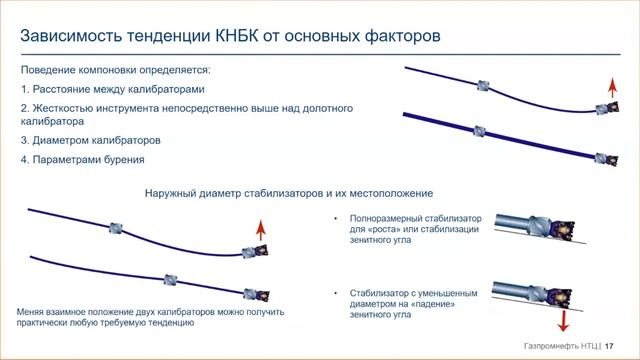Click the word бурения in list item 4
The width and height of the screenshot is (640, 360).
[125, 160]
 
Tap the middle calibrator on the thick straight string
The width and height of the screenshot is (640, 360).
[480, 129]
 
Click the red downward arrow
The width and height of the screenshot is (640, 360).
[562, 319]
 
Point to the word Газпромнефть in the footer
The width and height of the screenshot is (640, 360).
[551, 344]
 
